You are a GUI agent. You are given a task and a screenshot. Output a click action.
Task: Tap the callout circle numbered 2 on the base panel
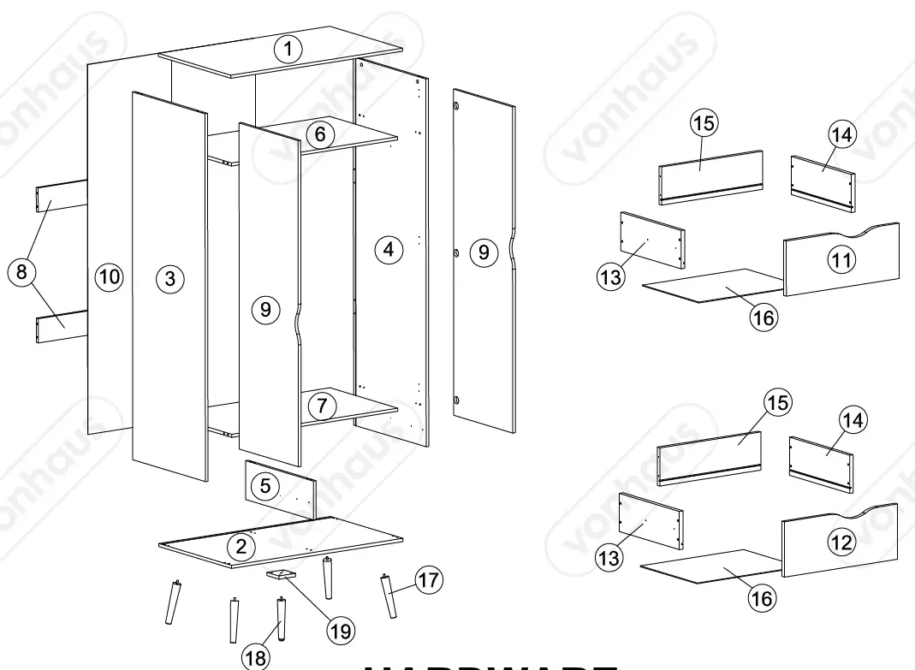pyautogui.click(x=241, y=545)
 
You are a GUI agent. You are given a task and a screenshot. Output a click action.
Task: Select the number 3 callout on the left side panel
pyautogui.click(x=170, y=278)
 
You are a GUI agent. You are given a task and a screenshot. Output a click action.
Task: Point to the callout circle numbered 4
pyautogui.click(x=389, y=250)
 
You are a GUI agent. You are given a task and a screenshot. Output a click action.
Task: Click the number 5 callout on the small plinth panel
pyautogui.click(x=265, y=486)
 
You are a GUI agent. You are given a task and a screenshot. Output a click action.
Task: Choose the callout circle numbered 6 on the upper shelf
pyautogui.click(x=319, y=134)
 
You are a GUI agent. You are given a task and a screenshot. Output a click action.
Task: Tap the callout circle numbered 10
pyautogui.click(x=109, y=276)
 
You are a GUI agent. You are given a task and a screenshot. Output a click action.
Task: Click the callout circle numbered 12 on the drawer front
pyautogui.click(x=843, y=541)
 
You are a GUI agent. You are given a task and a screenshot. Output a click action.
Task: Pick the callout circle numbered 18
pyautogui.click(x=254, y=657)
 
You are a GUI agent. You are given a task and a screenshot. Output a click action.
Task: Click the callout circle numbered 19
pyautogui.click(x=342, y=631)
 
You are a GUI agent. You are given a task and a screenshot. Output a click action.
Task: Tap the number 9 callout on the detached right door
pyautogui.click(x=484, y=252)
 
